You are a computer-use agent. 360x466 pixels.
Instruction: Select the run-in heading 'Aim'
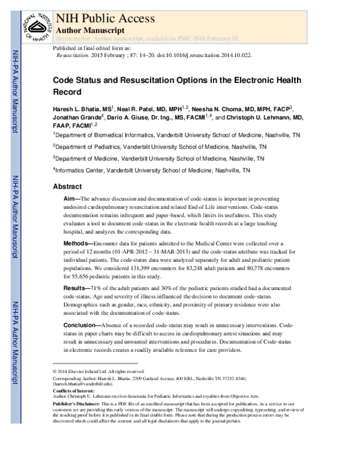pos(68,198)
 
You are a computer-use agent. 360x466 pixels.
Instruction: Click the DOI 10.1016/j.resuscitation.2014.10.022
pos(195,53)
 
